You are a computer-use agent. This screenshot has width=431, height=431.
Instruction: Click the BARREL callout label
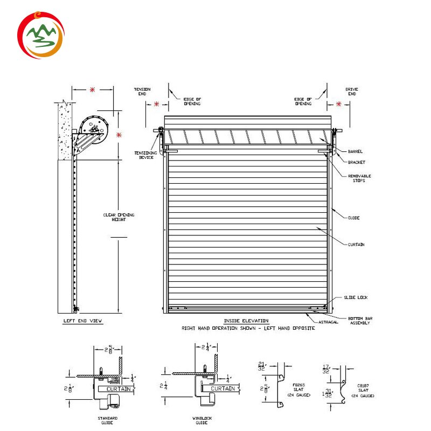click(x=356, y=152)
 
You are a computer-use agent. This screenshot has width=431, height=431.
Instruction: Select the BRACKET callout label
click(x=356, y=162)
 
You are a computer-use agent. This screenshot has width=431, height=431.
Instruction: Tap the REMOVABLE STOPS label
click(x=359, y=178)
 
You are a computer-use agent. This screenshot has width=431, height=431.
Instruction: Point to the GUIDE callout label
click(x=353, y=218)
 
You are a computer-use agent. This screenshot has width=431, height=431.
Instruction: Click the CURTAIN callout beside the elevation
click(x=356, y=245)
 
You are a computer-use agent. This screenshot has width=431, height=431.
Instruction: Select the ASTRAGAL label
click(x=328, y=322)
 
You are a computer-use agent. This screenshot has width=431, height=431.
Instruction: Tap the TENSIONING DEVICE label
click(x=145, y=155)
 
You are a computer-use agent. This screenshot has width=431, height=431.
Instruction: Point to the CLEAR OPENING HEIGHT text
click(x=119, y=218)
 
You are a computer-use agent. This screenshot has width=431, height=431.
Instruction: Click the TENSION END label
click(x=142, y=91)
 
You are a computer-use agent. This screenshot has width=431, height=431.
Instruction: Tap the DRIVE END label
click(x=352, y=91)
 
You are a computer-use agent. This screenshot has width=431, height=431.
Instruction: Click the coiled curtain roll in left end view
click(x=94, y=128)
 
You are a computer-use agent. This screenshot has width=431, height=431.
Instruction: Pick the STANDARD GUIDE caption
click(x=108, y=420)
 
